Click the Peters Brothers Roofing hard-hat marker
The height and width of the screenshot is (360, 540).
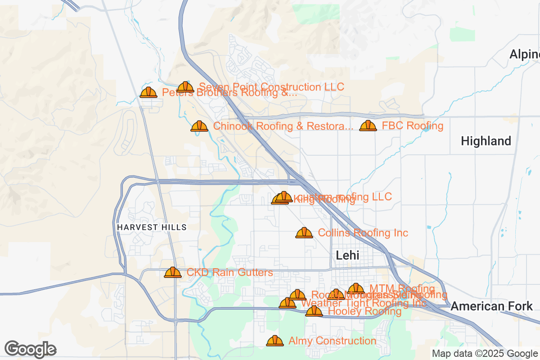click(x=148, y=92)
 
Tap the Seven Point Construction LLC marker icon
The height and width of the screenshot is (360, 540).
click(x=185, y=87)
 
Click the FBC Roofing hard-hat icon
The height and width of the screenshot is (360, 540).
click(x=368, y=126)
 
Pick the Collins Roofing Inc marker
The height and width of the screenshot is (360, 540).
click(x=304, y=233)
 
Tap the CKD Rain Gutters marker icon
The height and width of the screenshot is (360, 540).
click(x=173, y=272)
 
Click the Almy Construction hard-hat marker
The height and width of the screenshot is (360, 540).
click(x=275, y=341)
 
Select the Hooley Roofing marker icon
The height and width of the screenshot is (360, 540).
click(x=314, y=311)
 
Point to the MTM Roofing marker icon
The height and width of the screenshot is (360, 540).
click(x=356, y=288)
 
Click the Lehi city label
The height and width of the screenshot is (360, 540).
click(x=347, y=255)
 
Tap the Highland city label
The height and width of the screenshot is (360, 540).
click(x=486, y=141)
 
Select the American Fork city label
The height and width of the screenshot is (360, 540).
click(x=491, y=306)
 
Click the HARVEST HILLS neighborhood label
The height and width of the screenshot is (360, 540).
click(x=152, y=227)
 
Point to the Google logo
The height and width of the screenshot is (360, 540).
click(x=30, y=349)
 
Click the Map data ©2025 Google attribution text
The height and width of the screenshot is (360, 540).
click(x=485, y=353)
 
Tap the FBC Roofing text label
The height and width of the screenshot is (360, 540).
click(x=413, y=126)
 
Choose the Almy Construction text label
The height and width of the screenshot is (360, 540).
click(x=332, y=341)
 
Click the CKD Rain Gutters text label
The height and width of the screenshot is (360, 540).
click(x=229, y=272)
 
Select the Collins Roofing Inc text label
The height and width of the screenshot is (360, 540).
click(x=363, y=233)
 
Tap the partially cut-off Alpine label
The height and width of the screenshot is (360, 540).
click(x=524, y=54)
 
